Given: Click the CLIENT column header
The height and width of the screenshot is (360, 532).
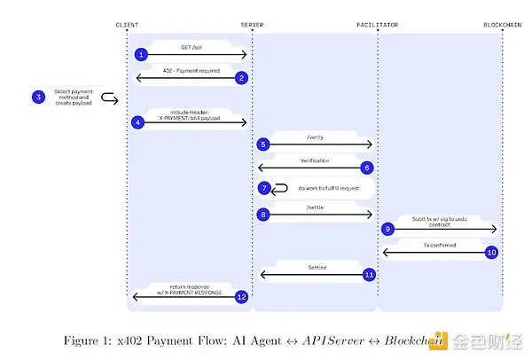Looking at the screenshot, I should click(127, 24).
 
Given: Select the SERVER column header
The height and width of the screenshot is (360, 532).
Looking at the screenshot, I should click(252, 24).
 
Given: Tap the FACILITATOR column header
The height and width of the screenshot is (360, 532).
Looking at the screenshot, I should click(378, 24).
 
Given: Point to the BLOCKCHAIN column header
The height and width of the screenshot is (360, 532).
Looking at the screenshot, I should click(502, 24).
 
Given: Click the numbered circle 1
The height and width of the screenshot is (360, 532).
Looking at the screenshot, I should click(140, 54).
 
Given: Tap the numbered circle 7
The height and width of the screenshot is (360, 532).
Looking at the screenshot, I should click(263, 188).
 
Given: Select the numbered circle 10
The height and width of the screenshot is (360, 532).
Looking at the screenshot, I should click(491, 252).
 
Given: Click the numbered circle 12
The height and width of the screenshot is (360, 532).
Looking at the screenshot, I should click(240, 296).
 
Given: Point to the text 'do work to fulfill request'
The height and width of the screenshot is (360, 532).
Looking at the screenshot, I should click(334, 189).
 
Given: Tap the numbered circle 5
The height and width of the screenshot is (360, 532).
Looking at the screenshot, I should click(263, 144).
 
